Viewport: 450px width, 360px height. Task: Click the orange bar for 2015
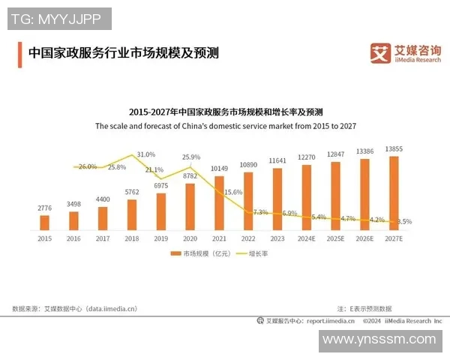(x=45, y=222)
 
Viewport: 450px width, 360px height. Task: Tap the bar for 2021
(x=219, y=202)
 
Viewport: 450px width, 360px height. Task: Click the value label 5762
(x=132, y=192)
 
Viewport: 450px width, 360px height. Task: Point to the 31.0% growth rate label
(x=146, y=154)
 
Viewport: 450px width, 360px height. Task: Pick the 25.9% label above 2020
(x=191, y=157)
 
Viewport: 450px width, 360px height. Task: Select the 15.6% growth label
(x=233, y=193)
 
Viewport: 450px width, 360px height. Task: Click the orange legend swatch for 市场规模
(x=176, y=254)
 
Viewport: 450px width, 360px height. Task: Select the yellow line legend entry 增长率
(x=251, y=254)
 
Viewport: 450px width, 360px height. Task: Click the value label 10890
(x=248, y=164)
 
